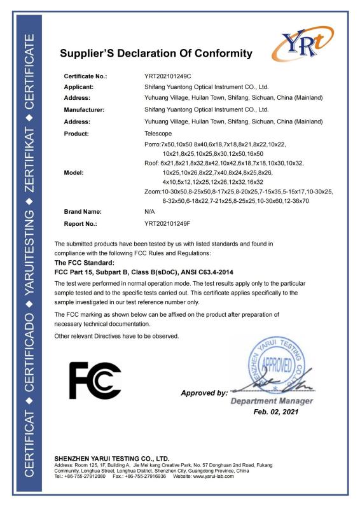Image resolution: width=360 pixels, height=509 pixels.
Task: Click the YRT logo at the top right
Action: click(x=302, y=46)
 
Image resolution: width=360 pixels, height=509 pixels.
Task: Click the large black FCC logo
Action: click(x=95, y=380)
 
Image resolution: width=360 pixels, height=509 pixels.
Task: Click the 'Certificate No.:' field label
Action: click(x=86, y=76)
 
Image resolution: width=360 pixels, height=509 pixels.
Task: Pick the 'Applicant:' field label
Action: click(x=79, y=87)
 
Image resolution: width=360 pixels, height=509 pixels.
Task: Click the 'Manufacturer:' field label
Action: click(x=84, y=109)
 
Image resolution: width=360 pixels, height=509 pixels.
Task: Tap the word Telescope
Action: click(x=159, y=134)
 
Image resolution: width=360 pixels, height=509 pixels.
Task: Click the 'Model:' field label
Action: click(x=74, y=172)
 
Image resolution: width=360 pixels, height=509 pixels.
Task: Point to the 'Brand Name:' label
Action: click(x=83, y=211)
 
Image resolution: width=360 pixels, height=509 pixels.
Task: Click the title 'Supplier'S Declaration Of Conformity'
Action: click(x=156, y=53)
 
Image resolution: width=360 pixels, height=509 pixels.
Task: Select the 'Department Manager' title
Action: click(x=272, y=401)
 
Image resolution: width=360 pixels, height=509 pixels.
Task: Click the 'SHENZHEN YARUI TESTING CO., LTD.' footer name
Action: click(x=112, y=458)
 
